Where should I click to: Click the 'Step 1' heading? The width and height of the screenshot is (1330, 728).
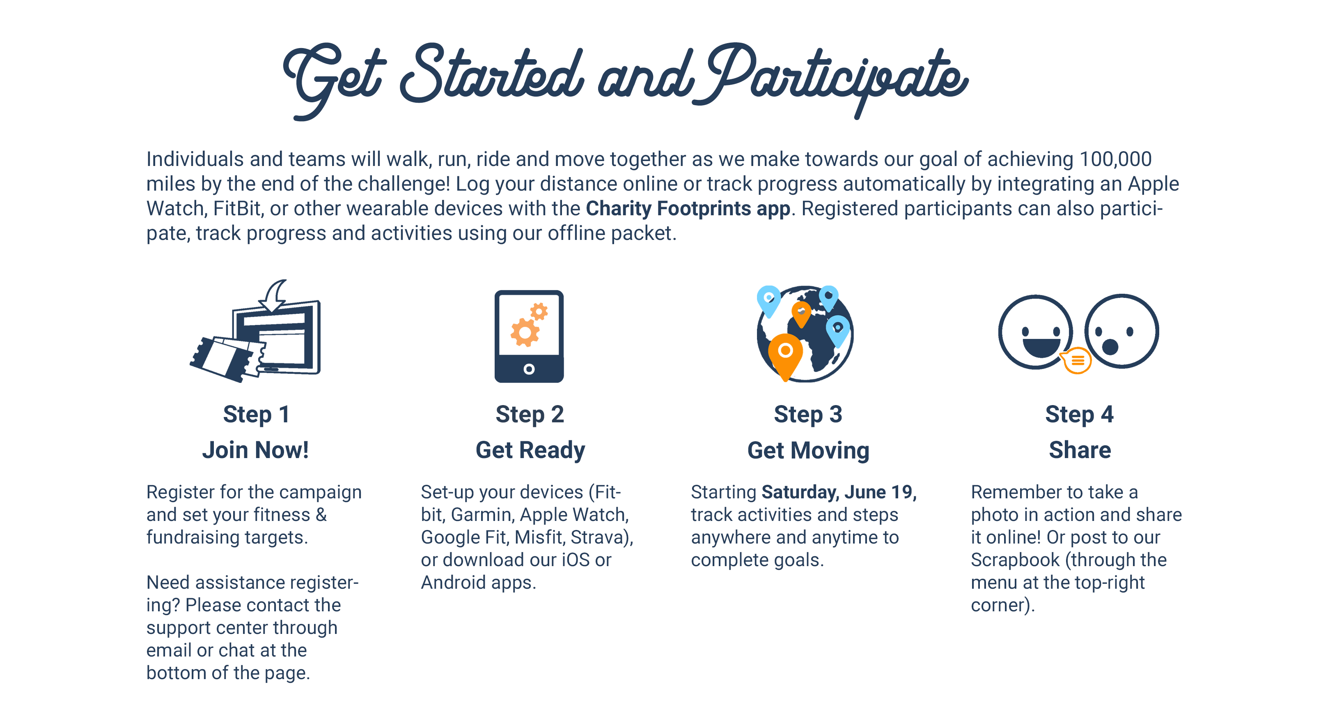256,415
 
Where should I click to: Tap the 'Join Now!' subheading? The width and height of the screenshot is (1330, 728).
256,450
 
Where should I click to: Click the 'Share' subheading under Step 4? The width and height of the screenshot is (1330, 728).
1080,450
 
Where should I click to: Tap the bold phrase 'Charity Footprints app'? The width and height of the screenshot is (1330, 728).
688,209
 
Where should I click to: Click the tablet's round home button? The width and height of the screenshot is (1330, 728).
529,369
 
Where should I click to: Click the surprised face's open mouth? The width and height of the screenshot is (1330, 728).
1110,347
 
